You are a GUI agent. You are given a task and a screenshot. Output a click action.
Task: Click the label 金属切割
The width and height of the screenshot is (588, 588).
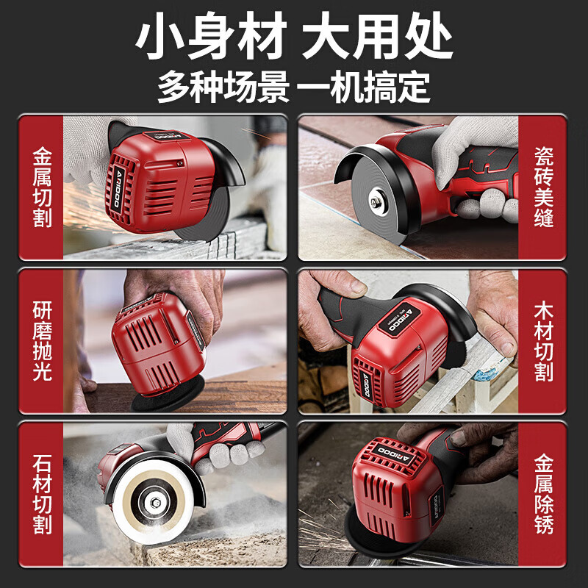[43, 188]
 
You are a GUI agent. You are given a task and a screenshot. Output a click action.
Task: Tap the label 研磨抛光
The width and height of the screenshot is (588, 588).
[43, 341]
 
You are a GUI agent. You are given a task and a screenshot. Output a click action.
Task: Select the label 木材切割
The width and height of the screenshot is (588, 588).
[544, 341]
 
